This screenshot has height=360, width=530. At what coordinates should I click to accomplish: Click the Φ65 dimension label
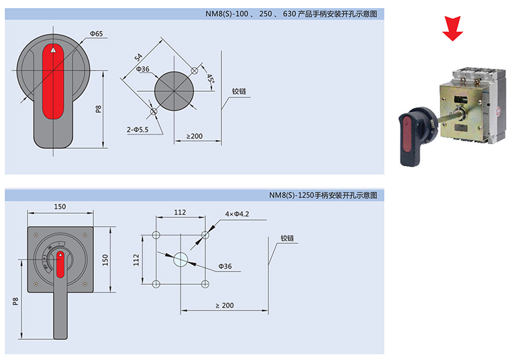tap(96, 34)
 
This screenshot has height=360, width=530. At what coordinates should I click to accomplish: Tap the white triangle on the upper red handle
tap(53, 50)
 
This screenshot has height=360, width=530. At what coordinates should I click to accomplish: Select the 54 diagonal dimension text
tap(138, 58)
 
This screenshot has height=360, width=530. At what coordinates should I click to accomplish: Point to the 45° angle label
tap(210, 79)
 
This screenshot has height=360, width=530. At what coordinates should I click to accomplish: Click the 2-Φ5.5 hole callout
tap(138, 129)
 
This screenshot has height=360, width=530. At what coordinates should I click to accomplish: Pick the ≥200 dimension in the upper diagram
tap(195, 136)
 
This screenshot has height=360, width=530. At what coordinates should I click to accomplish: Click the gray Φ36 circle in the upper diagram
tap(174, 91)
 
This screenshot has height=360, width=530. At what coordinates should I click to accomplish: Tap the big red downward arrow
tap(453, 28)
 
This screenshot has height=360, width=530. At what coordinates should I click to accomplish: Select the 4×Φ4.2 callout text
tap(237, 214)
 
